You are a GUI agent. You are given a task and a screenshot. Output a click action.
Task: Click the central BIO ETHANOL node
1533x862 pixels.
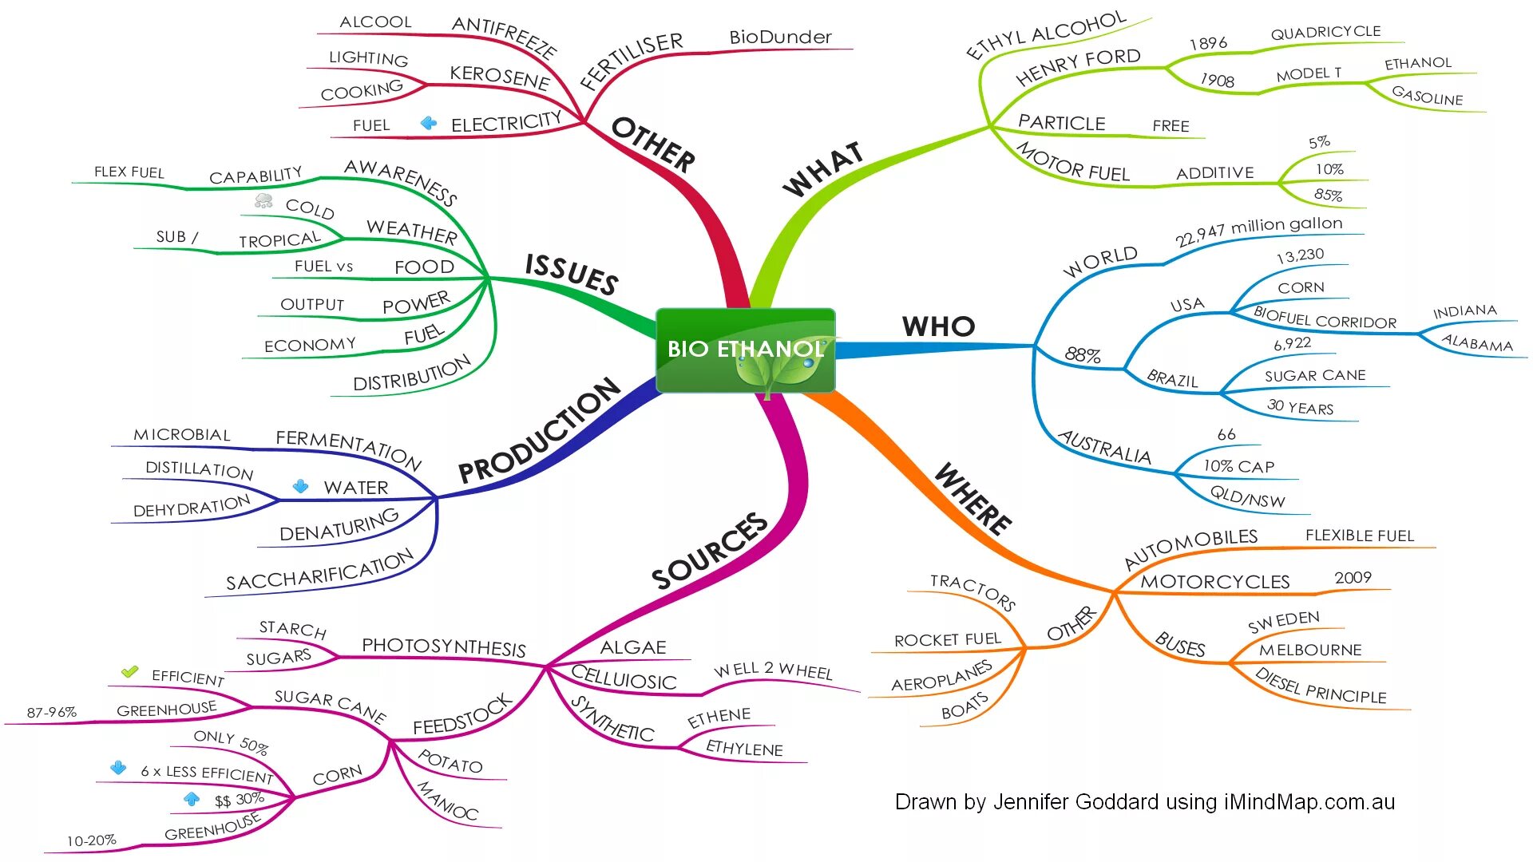[x=744, y=350]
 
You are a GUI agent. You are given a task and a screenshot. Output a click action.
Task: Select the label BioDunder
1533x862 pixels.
[x=780, y=38]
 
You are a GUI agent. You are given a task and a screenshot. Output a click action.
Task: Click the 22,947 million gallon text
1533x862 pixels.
[x=1258, y=230]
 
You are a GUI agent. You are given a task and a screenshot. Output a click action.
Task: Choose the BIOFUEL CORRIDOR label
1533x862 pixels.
[x=1325, y=318]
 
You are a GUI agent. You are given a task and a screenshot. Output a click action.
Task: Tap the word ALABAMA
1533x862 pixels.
[x=1477, y=343]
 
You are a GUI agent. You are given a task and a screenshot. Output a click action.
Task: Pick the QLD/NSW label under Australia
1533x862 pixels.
[x=1247, y=496]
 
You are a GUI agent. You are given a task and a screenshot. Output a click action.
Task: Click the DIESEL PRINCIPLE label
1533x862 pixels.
[x=1321, y=686]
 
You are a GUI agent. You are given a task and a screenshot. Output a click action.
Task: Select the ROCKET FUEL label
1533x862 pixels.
[x=947, y=640]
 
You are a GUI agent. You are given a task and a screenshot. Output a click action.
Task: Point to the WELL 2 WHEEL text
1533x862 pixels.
[x=773, y=670]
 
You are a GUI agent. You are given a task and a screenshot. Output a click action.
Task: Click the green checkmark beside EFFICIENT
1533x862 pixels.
[x=130, y=672]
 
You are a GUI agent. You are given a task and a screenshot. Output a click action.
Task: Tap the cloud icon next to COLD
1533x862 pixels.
[x=263, y=200]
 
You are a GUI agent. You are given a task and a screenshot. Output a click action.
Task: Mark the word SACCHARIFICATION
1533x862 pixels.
[x=319, y=571]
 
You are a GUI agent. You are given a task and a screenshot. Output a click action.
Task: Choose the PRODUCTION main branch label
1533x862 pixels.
[x=539, y=431]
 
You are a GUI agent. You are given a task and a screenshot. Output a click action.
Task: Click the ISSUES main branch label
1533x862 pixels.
[x=572, y=273]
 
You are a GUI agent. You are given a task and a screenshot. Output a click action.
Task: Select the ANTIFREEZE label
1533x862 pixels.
[x=504, y=37]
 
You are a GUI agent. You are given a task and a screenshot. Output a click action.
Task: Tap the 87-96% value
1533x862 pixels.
[x=52, y=712]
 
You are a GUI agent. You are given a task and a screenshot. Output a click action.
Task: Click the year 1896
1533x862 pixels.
[x=1208, y=43]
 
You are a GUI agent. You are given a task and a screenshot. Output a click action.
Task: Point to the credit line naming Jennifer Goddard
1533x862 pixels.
[x=1144, y=802]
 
